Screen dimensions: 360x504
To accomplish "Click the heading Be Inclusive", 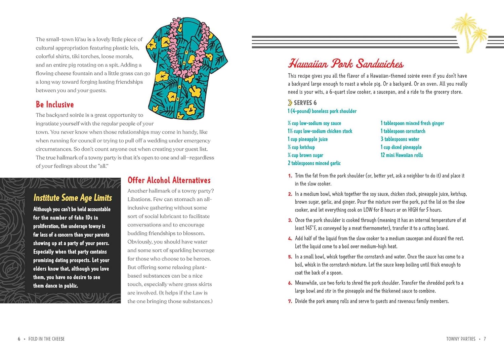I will [55, 105].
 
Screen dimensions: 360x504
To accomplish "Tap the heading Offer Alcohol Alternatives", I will [169, 180].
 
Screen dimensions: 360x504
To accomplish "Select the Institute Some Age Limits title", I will [73, 198].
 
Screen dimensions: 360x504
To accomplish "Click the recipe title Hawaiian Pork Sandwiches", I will [346, 64].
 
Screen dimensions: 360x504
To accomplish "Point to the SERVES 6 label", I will [305, 103].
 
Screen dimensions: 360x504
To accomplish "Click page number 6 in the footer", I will [19, 339].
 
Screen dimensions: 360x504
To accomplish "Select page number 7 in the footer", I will [485, 339].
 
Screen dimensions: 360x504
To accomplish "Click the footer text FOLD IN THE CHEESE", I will [46, 339].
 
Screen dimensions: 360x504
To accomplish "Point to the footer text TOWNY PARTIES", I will [461, 339].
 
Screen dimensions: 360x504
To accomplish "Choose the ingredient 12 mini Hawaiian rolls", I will [402, 155].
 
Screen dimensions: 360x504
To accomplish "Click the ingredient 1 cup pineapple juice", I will [307, 139].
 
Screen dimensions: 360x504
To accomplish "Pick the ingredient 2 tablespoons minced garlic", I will [314, 163].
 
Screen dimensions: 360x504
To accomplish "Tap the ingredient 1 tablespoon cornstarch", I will [403, 131].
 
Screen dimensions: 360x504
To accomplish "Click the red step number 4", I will [290, 239].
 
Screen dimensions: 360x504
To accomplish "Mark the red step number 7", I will [290, 302].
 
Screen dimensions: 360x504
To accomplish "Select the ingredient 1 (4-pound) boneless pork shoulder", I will [322, 111].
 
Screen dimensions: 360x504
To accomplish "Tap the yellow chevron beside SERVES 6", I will [290, 103].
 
